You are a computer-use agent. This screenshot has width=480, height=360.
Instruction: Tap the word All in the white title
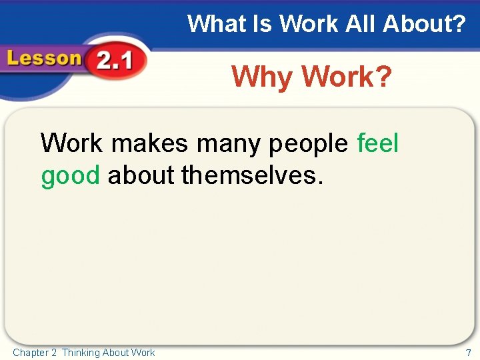(361, 25)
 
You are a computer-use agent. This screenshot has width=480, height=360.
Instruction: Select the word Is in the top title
(257, 25)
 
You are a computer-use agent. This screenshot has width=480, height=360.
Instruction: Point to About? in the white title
(424, 25)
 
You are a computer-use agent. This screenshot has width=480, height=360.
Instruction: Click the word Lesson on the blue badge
(44, 59)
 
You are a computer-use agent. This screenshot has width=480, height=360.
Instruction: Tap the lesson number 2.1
(113, 63)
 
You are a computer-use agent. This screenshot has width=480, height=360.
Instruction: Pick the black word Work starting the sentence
(71, 143)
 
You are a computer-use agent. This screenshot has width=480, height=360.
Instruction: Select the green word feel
(378, 143)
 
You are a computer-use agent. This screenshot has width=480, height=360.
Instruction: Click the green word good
(70, 176)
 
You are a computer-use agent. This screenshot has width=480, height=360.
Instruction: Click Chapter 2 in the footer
(35, 353)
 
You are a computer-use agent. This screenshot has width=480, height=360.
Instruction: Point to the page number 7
(468, 353)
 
